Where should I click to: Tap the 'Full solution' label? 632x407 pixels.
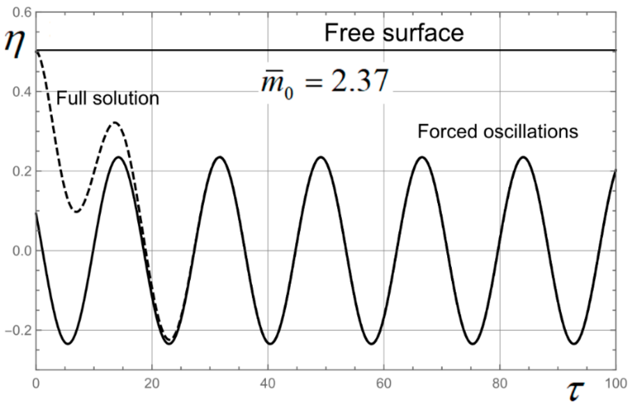(x=108, y=98)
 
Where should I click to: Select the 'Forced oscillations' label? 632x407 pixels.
(x=498, y=132)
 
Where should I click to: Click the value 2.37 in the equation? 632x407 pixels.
(x=360, y=81)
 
